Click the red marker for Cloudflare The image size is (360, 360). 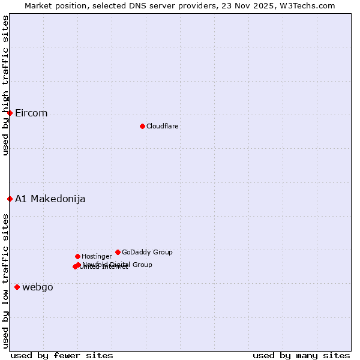click(142, 126)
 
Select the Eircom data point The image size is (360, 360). click(10, 113)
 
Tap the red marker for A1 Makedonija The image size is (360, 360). click(10, 199)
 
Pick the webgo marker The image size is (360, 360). click(17, 287)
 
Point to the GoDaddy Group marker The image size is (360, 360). click(118, 252)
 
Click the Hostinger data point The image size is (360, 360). click(77, 256)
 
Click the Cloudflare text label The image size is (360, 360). click(162, 126)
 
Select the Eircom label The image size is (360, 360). click(31, 113)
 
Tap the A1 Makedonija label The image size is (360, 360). click(50, 199)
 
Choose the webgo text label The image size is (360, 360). click(38, 287)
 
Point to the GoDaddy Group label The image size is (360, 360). click(147, 253)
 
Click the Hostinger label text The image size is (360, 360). click(97, 257)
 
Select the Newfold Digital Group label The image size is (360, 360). click(118, 265)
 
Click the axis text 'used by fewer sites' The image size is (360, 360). click(62, 355)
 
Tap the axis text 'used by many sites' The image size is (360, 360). click(301, 355)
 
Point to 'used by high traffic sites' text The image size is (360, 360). click(5, 86)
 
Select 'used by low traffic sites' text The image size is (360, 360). click(5, 280)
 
